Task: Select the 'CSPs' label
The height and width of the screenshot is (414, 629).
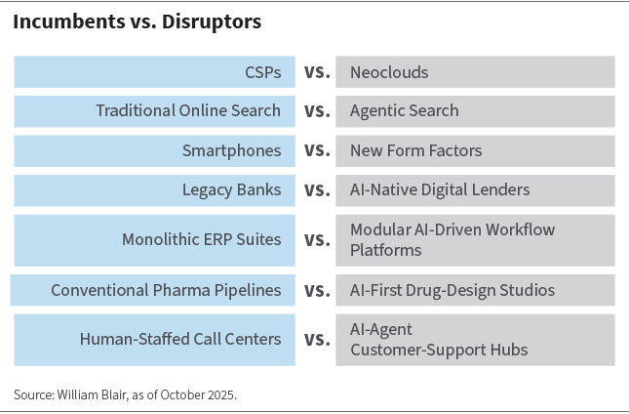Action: click(262, 72)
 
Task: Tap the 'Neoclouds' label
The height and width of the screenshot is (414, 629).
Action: click(389, 72)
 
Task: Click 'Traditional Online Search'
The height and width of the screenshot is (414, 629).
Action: click(188, 111)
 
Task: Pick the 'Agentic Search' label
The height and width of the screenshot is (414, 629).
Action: click(404, 111)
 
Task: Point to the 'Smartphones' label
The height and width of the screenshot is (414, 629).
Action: click(231, 150)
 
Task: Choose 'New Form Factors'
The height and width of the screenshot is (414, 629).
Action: click(415, 150)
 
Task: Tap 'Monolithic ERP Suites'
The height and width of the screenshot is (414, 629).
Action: click(201, 239)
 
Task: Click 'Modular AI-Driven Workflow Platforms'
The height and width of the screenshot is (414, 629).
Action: click(452, 240)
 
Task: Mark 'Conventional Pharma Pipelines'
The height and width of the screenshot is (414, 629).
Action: click(166, 290)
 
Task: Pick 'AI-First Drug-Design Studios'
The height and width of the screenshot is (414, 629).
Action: click(452, 290)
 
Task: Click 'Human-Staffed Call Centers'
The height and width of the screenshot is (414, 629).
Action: click(180, 340)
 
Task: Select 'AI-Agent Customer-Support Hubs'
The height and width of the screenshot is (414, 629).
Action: click(425, 340)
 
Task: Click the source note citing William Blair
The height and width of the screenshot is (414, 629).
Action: click(125, 394)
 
